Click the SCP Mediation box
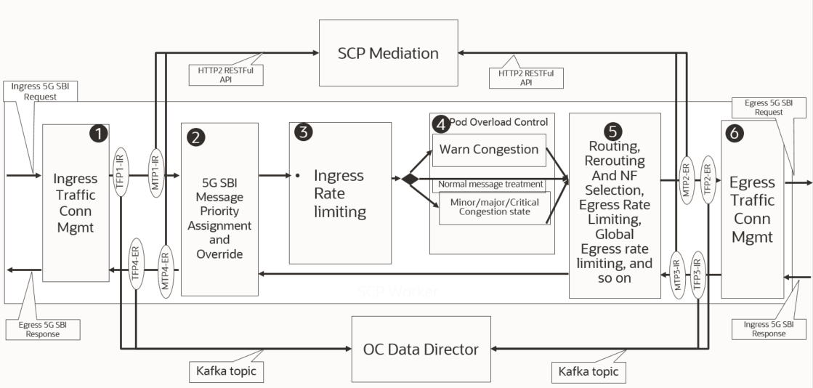coord(388,53)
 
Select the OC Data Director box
coord(421,349)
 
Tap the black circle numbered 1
coord(98,133)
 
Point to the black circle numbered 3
coord(303,132)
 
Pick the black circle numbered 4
coord(440,123)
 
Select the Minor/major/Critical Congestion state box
coord(495,208)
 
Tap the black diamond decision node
coord(410,179)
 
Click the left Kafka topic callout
coord(226,371)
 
